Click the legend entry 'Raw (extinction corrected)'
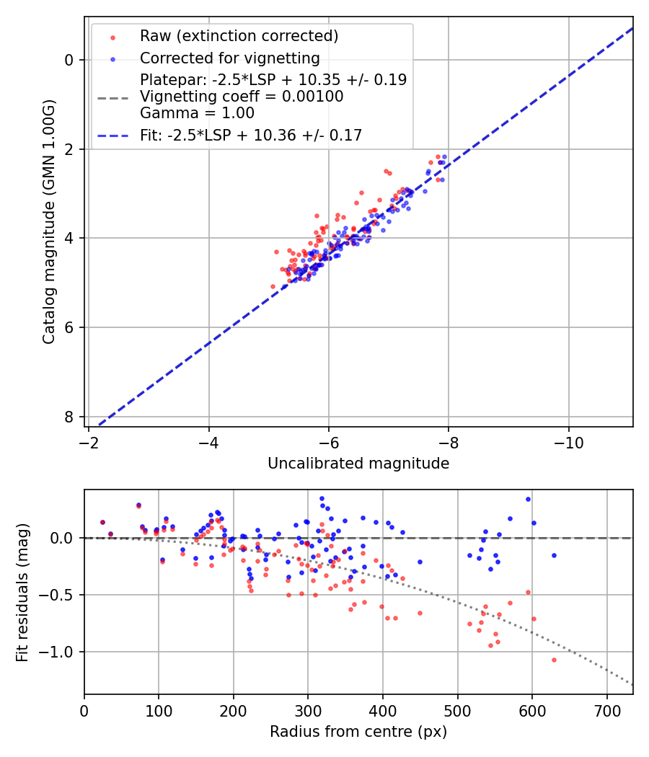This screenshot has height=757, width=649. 239,36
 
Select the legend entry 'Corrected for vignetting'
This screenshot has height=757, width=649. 230,58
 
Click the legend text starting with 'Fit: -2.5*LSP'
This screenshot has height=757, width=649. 251,135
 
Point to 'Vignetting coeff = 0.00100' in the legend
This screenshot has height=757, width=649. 242,97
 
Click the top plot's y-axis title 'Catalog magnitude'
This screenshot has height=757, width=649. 48,221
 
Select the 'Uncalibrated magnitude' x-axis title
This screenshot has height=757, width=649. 358,464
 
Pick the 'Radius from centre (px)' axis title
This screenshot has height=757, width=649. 358,732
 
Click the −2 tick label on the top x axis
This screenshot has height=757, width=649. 89,439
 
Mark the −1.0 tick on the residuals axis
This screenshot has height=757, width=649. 61,652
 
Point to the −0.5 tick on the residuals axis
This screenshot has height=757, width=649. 61,595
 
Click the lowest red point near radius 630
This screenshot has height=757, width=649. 554,660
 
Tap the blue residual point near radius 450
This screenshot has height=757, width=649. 420,562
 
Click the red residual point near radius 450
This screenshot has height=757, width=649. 420,613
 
